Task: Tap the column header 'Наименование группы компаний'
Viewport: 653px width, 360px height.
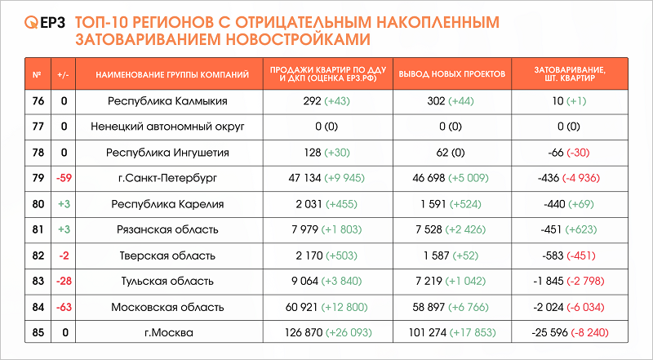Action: (x=172, y=74)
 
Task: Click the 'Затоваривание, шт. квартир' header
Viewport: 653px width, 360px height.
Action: (x=569, y=74)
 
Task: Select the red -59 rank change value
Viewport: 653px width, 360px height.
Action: (x=63, y=178)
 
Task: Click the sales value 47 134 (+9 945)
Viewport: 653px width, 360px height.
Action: (x=328, y=178)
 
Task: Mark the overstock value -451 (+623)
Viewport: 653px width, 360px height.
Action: (x=569, y=229)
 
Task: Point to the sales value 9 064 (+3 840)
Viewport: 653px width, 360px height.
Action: (x=328, y=282)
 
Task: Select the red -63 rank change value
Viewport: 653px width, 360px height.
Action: (x=63, y=307)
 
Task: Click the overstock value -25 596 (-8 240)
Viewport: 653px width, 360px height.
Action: (x=569, y=333)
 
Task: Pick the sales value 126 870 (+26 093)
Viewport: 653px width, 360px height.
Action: (x=328, y=333)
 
